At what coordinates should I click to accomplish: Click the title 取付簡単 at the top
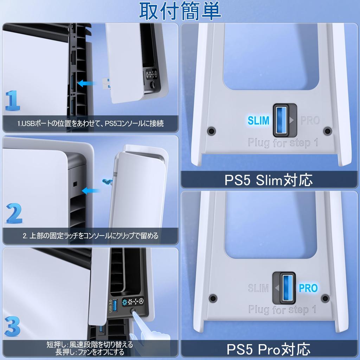(180, 11)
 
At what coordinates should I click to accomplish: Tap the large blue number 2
(14, 213)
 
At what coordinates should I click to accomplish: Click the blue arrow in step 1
(88, 83)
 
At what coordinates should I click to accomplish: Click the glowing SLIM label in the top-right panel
(258, 121)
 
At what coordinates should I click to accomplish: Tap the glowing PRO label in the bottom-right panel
(308, 288)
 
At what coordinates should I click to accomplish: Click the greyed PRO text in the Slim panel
(310, 121)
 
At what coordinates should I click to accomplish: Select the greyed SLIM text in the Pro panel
(258, 288)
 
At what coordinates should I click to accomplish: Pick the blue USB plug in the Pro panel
(284, 288)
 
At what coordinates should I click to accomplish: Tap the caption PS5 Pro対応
(269, 349)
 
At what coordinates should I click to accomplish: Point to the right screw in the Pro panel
(326, 298)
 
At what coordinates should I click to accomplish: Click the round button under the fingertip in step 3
(134, 310)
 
